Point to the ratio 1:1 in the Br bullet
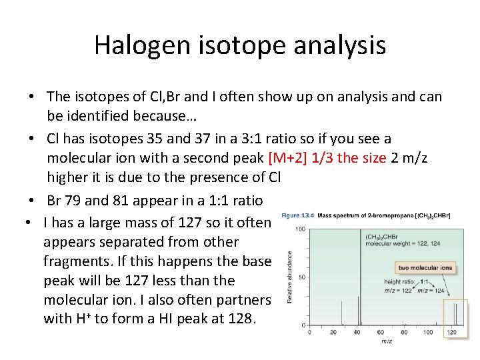(245, 200)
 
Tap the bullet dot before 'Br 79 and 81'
(33, 201)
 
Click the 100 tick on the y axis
(301, 229)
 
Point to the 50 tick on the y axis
(302, 277)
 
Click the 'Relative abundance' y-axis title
(289, 277)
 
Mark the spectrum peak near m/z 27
(346, 313)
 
